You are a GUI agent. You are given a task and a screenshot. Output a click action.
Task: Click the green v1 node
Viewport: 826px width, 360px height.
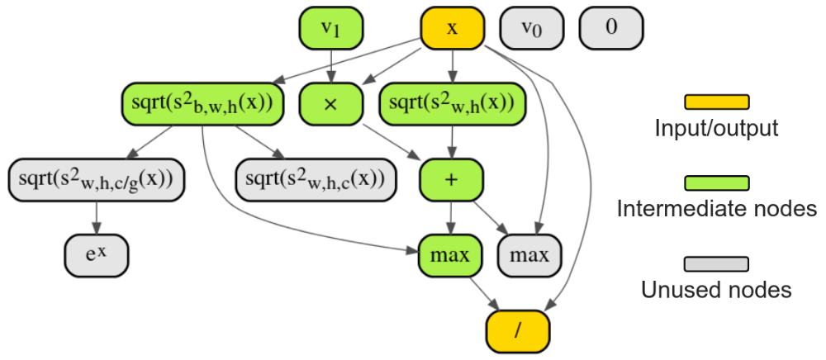(x=330, y=28)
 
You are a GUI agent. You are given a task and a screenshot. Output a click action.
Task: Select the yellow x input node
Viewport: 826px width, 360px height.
(x=452, y=28)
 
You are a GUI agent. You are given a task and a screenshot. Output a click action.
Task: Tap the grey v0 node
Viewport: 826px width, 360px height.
(x=532, y=28)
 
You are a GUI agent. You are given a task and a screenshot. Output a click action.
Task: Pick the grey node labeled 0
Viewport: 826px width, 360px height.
(x=611, y=28)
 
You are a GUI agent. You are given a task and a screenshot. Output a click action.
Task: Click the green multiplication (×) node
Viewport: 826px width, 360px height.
(x=330, y=103)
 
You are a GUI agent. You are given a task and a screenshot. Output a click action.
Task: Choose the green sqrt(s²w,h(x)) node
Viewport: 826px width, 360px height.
(x=452, y=103)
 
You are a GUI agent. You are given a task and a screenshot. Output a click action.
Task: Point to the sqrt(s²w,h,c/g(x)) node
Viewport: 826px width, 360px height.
(x=97, y=178)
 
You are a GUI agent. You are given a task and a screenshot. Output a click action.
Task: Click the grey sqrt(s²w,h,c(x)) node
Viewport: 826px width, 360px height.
(x=314, y=178)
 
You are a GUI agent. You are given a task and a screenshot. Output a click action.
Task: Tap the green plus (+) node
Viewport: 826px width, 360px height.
(x=451, y=178)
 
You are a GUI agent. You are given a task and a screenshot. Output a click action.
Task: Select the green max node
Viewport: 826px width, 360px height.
(x=451, y=254)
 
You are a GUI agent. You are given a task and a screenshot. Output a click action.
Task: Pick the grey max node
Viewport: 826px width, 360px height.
(x=530, y=254)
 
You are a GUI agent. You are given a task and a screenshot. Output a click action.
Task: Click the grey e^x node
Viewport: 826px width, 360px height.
(x=97, y=254)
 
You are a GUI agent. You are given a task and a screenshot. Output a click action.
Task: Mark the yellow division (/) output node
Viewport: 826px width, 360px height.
(x=517, y=329)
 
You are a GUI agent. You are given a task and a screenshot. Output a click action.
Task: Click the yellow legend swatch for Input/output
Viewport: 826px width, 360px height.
(x=716, y=102)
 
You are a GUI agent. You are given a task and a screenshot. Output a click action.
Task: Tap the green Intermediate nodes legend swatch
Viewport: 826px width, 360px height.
(x=716, y=182)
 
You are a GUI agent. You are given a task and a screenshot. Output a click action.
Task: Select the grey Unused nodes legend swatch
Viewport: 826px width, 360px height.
(x=716, y=263)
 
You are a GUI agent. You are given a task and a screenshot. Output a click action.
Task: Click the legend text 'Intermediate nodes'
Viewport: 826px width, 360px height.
(x=716, y=210)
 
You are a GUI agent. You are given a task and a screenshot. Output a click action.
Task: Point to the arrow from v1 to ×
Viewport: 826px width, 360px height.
(x=330, y=66)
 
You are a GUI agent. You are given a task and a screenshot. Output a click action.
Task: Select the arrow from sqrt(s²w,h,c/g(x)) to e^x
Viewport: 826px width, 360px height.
(x=97, y=216)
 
